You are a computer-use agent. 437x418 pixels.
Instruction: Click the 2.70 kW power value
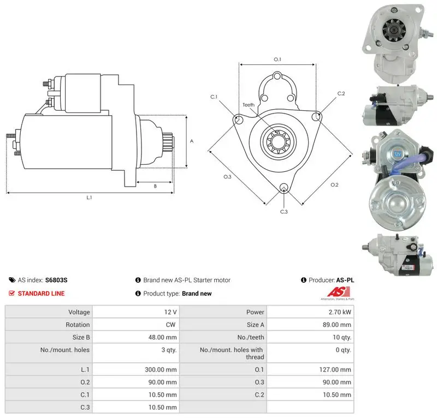tap(340, 312)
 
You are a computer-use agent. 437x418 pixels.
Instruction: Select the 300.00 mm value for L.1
tap(161, 369)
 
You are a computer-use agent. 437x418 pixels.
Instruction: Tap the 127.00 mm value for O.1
tap(335, 369)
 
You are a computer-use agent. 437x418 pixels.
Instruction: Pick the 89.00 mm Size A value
tap(337, 325)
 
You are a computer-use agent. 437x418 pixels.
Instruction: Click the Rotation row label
tap(78, 325)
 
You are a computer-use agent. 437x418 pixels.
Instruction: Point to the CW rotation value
tap(170, 325)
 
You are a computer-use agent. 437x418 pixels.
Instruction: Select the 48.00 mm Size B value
tap(162, 337)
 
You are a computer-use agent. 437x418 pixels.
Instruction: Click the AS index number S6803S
tap(56, 280)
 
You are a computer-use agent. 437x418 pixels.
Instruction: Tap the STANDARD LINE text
tap(42, 294)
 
